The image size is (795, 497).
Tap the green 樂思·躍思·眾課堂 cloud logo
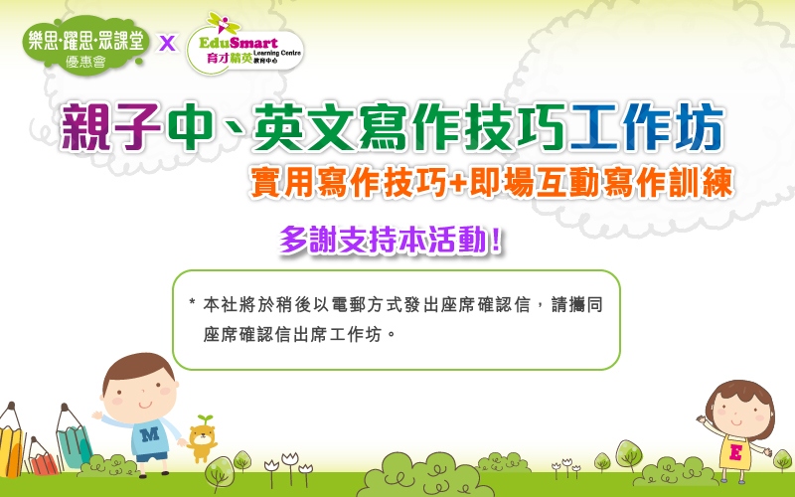85,46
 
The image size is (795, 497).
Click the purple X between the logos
167,43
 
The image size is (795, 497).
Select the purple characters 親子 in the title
110,127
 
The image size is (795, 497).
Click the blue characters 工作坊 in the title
648,127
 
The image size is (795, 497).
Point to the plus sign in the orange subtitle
457,183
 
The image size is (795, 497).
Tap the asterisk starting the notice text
192,303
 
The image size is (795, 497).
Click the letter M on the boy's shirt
150,434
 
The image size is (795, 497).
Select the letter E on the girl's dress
735,451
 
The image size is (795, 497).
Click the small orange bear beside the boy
202,438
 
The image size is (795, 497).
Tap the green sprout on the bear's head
205,419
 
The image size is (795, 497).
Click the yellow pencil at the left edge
11,440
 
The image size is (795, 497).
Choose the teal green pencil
74,436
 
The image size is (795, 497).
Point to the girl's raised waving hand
702,419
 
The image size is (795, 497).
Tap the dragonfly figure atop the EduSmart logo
224,23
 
